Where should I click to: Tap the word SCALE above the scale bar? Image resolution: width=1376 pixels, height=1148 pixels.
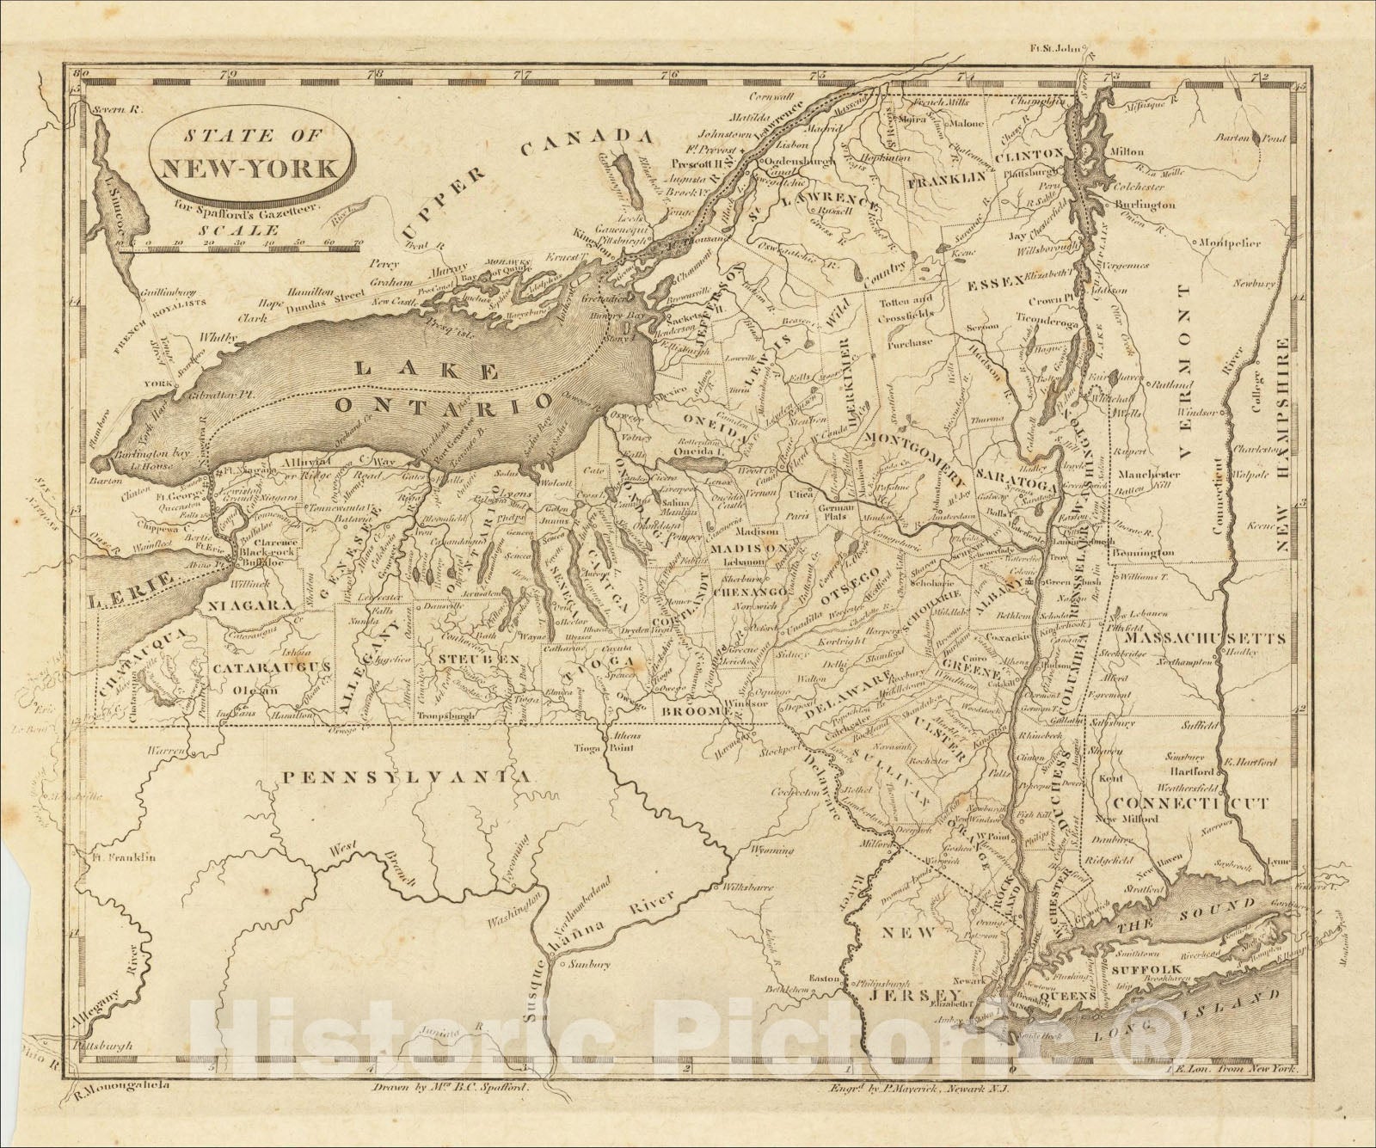[x=226, y=230]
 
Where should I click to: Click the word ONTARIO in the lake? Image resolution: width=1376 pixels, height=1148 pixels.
[x=444, y=404]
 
